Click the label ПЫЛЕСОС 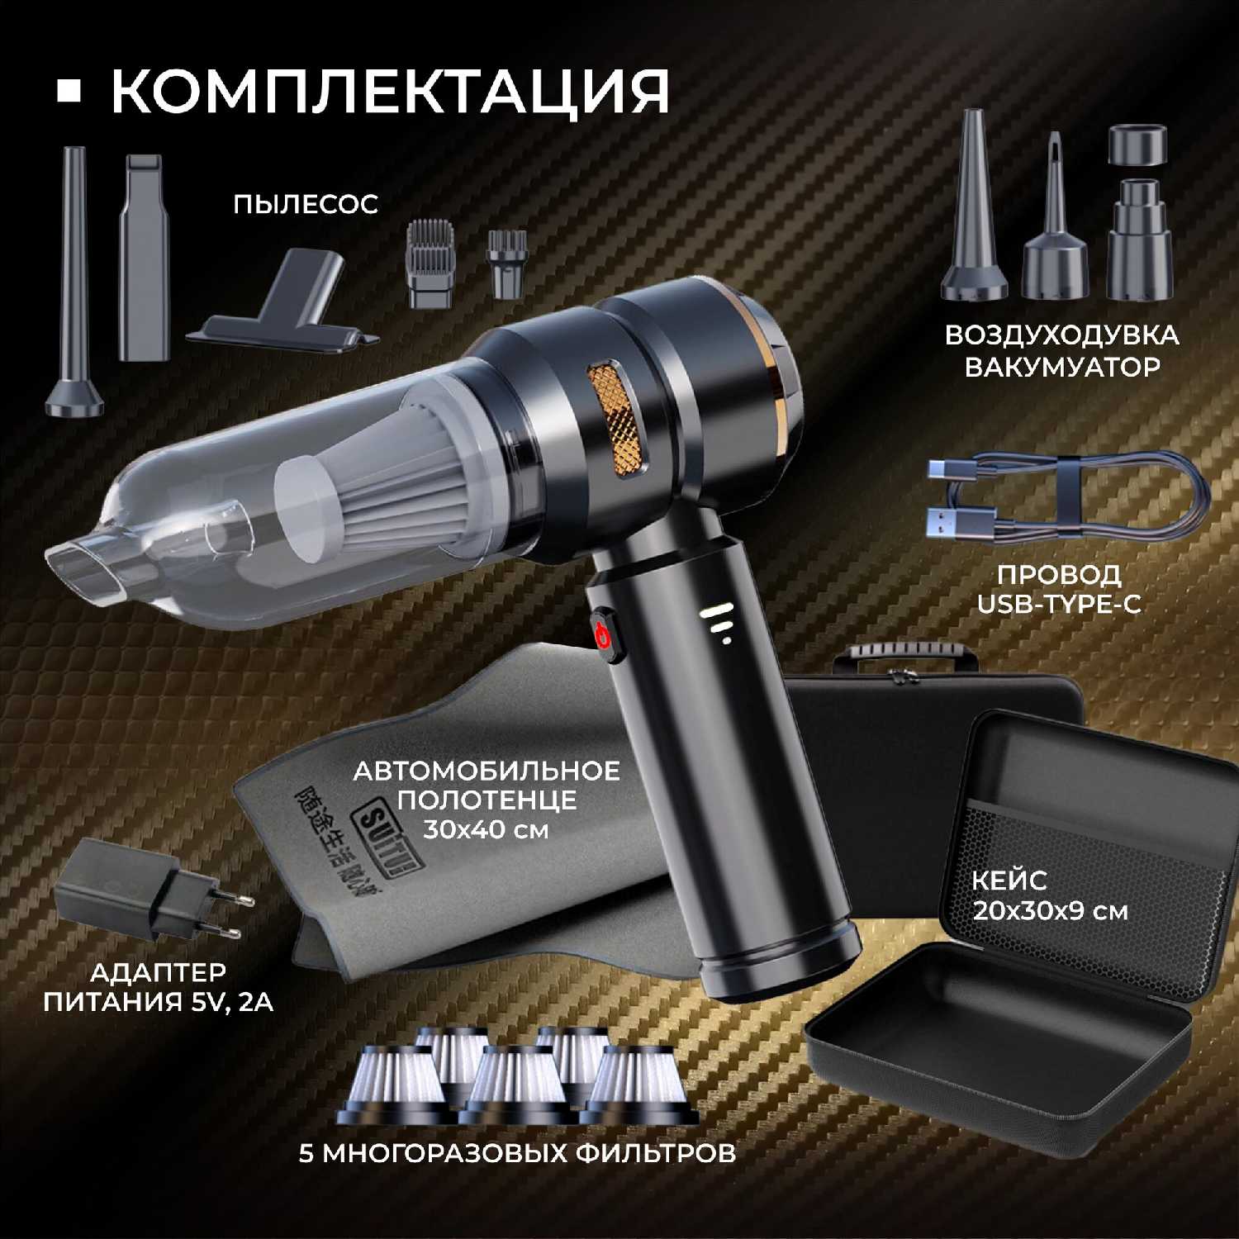coord(305,204)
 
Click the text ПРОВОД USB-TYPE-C coord(1059,589)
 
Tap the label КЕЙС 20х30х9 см coord(1050,895)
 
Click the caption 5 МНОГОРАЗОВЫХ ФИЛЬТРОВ coord(517,1152)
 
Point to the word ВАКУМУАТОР coord(1062,367)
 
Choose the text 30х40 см coord(486,829)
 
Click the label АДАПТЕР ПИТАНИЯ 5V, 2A coord(159,986)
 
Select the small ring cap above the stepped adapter coord(1137,145)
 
